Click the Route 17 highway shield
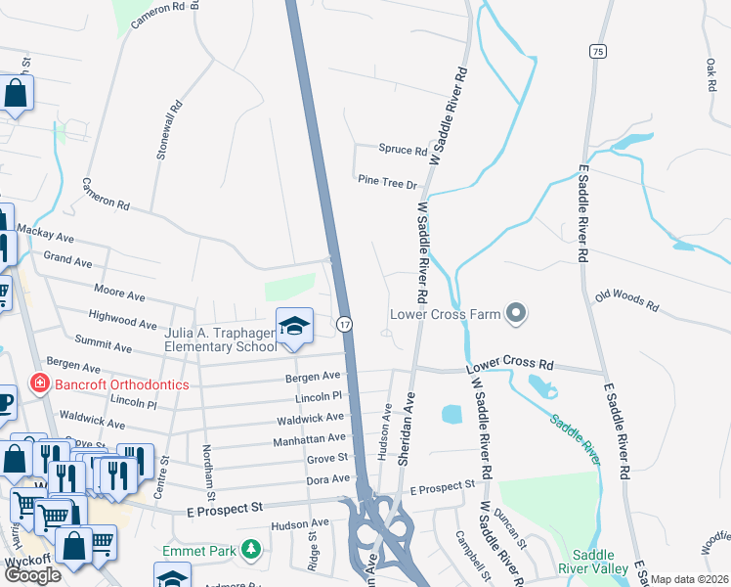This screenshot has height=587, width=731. pyautogui.click(x=345, y=323)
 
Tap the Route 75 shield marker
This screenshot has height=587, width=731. pyautogui.click(x=597, y=49)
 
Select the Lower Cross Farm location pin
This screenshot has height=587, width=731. pyautogui.click(x=517, y=314)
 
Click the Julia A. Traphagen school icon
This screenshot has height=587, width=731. pyautogui.click(x=293, y=326)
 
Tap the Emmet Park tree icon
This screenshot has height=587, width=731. pyautogui.click(x=252, y=551)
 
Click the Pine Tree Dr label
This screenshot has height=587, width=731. pyautogui.click(x=387, y=182)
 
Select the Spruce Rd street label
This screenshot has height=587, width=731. pyautogui.click(x=403, y=151)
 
